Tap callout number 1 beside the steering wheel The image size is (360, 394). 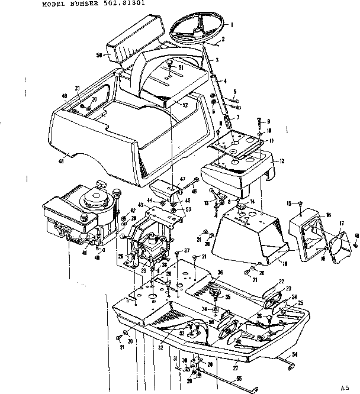pyautogui.click(x=232, y=25)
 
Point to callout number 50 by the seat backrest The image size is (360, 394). pyautogui.click(x=99, y=54)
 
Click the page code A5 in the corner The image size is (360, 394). pyautogui.click(x=345, y=388)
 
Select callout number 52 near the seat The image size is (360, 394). pyautogui.click(x=185, y=105)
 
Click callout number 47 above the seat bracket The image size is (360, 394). pyautogui.click(x=182, y=179)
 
